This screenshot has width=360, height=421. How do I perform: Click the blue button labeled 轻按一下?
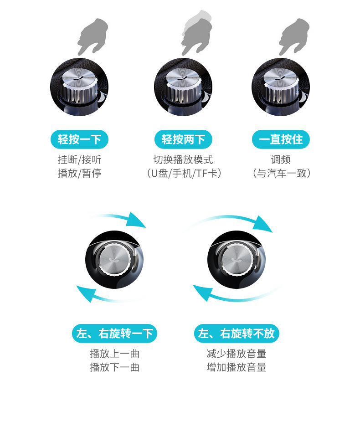(79, 139)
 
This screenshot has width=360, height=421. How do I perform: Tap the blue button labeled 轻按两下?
(183, 139)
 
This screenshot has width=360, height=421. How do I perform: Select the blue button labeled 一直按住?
(281, 139)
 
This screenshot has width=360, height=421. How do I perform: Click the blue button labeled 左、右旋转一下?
(115, 334)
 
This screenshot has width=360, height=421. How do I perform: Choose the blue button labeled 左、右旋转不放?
(237, 334)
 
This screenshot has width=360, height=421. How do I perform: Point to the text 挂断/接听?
(80, 160)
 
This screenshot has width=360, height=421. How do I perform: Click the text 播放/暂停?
(80, 173)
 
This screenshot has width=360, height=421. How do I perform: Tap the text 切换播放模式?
(183, 160)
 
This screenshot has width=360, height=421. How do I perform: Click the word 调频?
(281, 160)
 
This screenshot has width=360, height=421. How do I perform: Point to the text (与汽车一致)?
(281, 173)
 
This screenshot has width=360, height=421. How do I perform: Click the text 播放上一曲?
(115, 354)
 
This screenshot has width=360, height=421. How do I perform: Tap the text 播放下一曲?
(115, 367)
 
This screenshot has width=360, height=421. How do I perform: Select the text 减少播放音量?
(237, 354)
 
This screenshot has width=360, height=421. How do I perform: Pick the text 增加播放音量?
(237, 367)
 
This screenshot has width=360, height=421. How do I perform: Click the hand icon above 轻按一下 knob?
(93, 36)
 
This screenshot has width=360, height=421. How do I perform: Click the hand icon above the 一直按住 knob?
(294, 36)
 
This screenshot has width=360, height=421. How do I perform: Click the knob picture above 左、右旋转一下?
(114, 260)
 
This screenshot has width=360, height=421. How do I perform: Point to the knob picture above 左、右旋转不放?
(236, 260)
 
